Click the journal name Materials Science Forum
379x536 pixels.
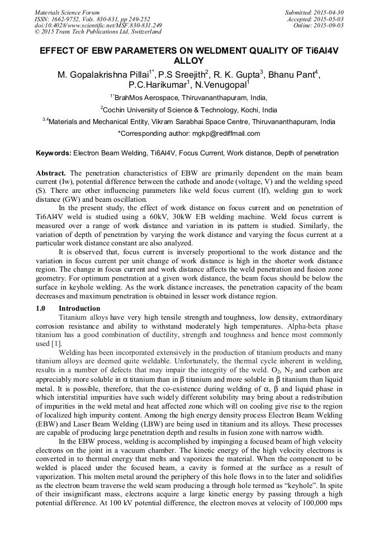[67, 12]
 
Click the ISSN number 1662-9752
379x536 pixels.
[67, 19]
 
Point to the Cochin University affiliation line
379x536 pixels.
[189, 110]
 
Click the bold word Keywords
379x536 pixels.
[53, 153]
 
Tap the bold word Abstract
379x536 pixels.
[51, 174]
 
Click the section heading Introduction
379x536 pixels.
[79, 309]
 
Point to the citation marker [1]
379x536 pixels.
[56, 343]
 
